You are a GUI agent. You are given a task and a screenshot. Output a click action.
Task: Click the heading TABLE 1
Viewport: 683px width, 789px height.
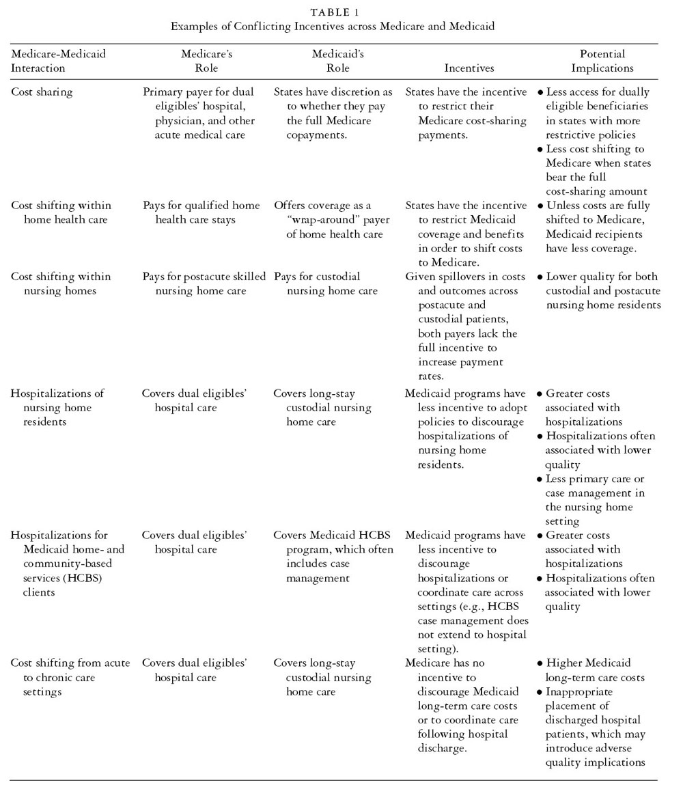click(x=334, y=12)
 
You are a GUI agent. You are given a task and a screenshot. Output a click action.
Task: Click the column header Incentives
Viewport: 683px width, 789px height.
click(x=469, y=68)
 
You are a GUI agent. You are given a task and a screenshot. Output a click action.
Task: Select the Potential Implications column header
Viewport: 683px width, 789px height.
click(x=602, y=61)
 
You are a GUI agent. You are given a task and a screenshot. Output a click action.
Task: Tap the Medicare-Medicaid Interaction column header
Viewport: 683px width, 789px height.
click(x=58, y=61)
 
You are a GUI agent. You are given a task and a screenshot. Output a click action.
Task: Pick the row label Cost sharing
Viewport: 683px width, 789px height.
click(x=42, y=92)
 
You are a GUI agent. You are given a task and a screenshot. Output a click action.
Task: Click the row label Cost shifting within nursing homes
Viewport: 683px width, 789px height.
click(x=60, y=283)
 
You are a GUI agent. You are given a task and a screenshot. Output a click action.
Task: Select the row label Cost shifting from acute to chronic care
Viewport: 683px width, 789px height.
click(x=70, y=677)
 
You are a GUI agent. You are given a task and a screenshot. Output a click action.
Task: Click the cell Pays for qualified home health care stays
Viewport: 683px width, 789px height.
click(x=201, y=212)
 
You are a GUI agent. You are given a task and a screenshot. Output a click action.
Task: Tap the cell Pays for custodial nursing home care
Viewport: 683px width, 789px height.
click(x=326, y=283)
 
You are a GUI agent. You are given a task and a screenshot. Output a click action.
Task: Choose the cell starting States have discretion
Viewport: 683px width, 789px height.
click(x=333, y=113)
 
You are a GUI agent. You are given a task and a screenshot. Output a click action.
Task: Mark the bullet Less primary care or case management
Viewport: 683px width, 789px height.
click(x=598, y=500)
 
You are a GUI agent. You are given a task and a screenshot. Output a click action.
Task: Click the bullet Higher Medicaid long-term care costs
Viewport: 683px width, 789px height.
click(x=594, y=670)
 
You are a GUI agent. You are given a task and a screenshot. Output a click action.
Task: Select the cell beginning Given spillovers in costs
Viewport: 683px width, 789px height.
click(x=465, y=327)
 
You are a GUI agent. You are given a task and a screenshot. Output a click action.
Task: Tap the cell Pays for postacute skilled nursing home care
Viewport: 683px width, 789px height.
click(x=204, y=283)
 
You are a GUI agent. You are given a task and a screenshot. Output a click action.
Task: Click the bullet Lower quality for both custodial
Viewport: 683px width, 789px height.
click(x=602, y=290)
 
